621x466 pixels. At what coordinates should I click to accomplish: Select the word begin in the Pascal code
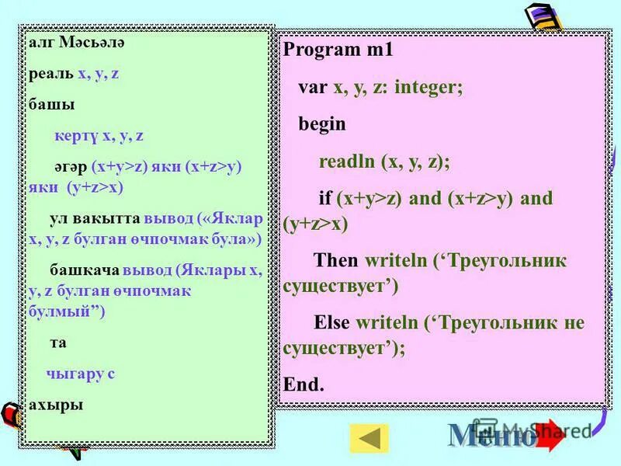(x=322, y=124)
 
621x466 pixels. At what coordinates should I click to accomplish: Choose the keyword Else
(x=331, y=322)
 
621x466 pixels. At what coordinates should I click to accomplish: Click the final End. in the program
(x=304, y=384)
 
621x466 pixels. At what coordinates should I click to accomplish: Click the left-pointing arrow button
(x=369, y=438)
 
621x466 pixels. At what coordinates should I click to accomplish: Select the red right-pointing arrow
(x=550, y=436)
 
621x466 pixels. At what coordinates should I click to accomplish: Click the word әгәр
(x=70, y=167)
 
